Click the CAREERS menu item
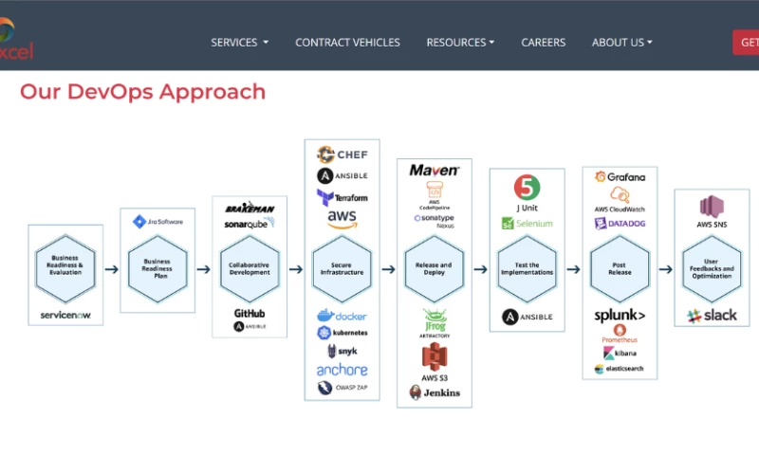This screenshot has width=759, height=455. click(x=543, y=43)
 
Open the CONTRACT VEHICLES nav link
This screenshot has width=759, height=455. click(x=347, y=43)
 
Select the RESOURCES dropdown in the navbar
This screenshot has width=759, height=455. click(x=460, y=43)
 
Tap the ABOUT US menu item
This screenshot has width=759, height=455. click(x=621, y=43)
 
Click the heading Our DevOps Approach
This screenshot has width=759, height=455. click(x=142, y=92)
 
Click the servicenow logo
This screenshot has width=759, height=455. click(x=65, y=315)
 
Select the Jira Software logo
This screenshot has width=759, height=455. click(x=157, y=222)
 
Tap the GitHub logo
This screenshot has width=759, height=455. click(x=250, y=313)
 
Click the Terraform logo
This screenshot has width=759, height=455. click(x=342, y=197)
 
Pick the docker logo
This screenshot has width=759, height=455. click(x=342, y=316)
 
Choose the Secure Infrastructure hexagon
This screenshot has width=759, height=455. click(x=342, y=268)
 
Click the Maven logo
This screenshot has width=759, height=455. click(x=434, y=171)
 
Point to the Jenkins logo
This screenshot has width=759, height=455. click(x=434, y=392)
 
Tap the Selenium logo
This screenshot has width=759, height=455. click(x=527, y=224)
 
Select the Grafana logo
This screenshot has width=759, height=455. click(x=620, y=177)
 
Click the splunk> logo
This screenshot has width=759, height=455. click(x=620, y=316)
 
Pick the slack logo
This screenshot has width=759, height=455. click(x=712, y=316)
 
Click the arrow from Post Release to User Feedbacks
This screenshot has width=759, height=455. click(x=667, y=269)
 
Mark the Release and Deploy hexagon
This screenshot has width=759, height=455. click(x=434, y=268)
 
